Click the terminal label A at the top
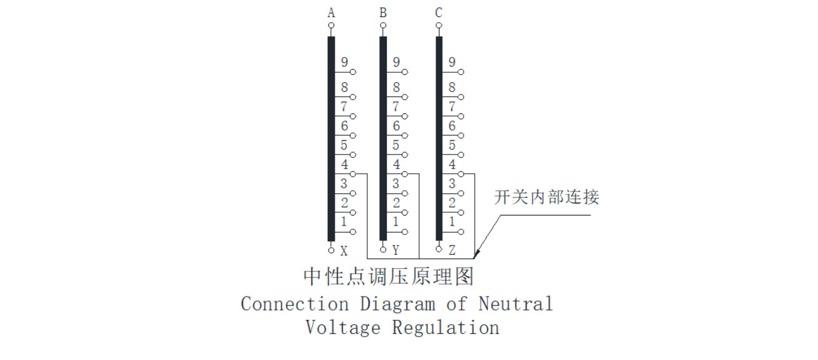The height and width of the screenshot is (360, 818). tap(331, 13)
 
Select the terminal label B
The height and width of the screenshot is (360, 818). tap(383, 13)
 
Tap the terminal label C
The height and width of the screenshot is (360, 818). tap(439, 13)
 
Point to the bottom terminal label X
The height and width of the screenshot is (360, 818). tap(344, 251)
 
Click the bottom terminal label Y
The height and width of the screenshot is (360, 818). tap(396, 251)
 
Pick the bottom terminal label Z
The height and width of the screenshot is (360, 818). tap(452, 251)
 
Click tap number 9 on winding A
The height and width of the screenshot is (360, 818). tap(344, 63)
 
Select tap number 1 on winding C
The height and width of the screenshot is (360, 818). tap(452, 222)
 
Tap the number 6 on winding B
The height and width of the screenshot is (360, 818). tap(396, 126)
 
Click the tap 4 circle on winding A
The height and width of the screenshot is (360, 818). tap(353, 174)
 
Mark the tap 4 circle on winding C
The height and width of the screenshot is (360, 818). tap(461, 174)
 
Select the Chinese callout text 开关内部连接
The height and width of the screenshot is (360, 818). tap(547, 197)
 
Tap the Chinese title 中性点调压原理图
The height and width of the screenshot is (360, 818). tap(389, 277)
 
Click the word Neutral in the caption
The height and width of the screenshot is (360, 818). tap(516, 304)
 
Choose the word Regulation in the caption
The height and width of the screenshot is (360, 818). tap(445, 328)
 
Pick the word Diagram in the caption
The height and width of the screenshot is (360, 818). tap(398, 304)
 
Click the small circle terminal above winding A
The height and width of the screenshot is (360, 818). tap(331, 27)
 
